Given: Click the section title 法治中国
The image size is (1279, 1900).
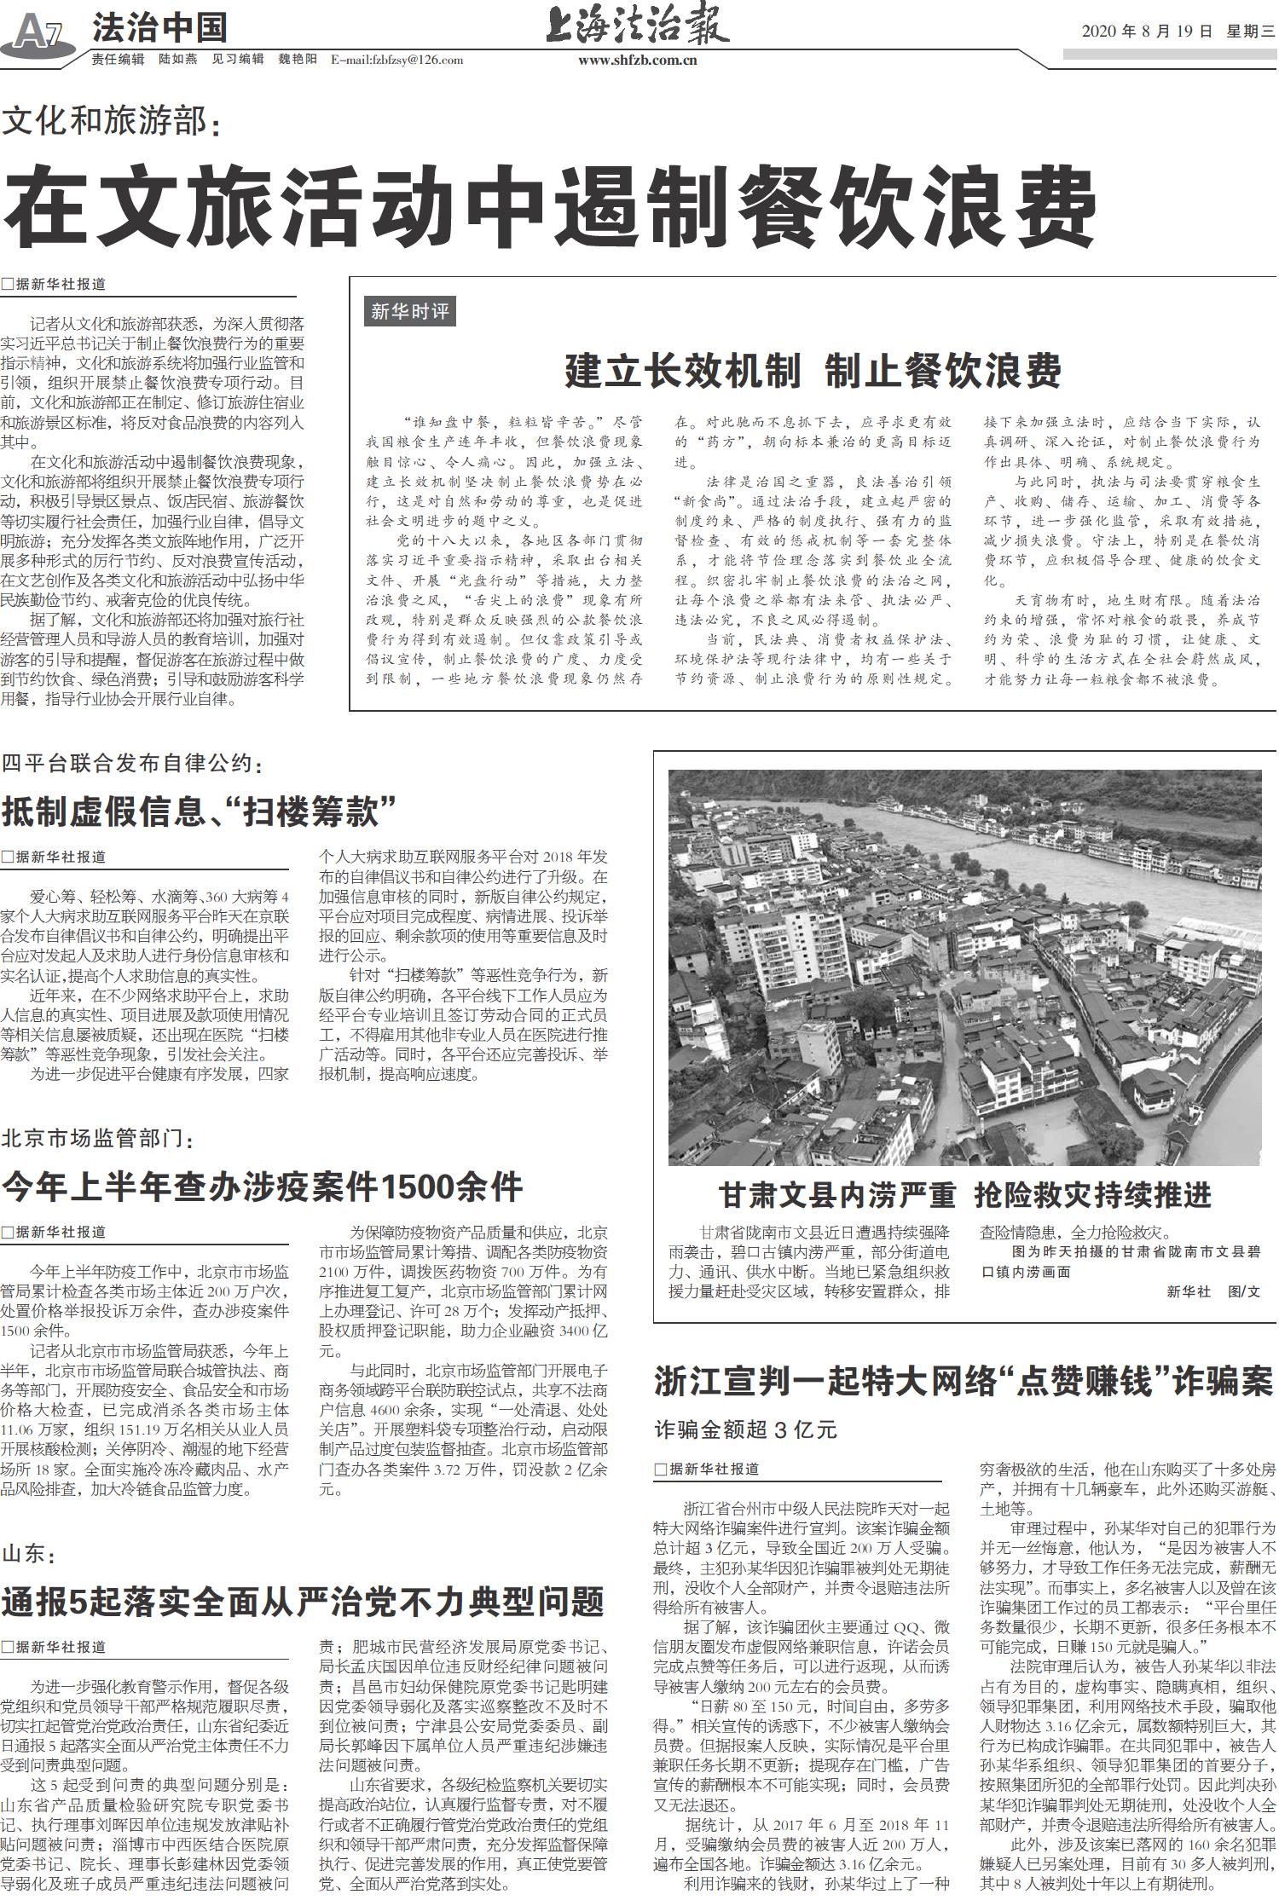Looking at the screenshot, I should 159,28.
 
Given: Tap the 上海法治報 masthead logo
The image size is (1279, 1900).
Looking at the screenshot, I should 637,27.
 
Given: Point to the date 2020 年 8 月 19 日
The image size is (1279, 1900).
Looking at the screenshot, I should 1147,32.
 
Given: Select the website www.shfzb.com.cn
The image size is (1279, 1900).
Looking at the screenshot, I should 638,61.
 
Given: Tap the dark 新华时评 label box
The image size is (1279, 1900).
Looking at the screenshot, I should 409,311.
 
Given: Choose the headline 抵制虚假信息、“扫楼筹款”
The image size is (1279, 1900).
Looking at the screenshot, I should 200,811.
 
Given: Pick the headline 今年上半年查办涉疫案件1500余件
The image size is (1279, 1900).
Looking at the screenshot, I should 262,1186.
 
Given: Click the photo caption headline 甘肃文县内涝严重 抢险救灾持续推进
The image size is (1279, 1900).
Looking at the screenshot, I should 964,1195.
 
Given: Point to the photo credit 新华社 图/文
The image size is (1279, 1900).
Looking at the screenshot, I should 1212,1291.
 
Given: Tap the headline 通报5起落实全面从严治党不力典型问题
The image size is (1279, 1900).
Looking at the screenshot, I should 303,1602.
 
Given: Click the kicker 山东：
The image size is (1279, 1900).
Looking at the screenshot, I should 29,1553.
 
